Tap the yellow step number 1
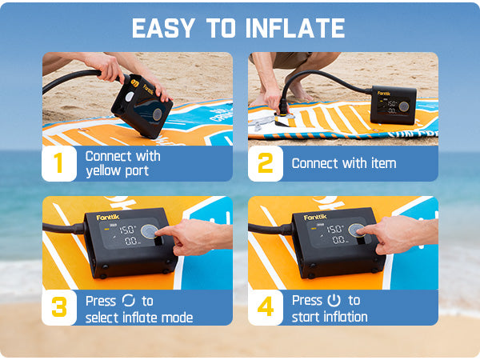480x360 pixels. tap(58, 163)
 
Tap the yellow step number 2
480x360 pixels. tap(264, 163)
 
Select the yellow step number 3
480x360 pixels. tap(58, 308)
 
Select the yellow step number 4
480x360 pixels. tap(264, 308)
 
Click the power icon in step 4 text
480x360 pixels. tap(334, 301)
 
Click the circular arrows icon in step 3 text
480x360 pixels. tap(129, 301)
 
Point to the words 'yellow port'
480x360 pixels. tap(117, 171)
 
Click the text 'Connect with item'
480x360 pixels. tap(344, 163)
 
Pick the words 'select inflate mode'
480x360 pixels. tap(140, 317)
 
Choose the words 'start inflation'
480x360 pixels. tap(330, 317)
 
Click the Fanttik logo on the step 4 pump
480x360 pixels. tap(318, 216)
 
